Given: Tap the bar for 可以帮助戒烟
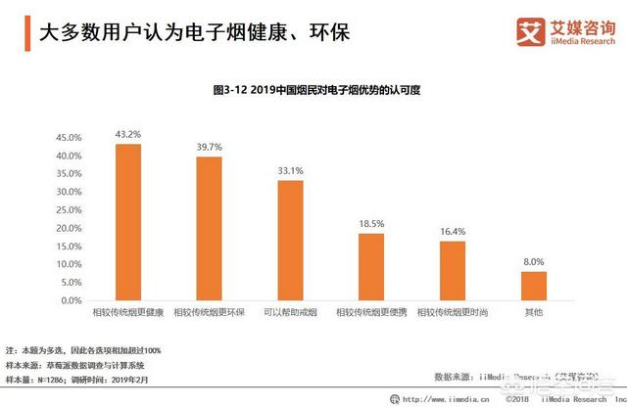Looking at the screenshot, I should point(290,240).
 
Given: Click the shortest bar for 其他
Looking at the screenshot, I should point(533,286).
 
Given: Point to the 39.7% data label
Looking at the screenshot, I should point(209,147).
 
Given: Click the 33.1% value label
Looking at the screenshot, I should point(290,170).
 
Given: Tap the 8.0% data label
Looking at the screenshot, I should point(533,261).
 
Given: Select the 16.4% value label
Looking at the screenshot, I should point(452,231).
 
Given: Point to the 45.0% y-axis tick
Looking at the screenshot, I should point(69,138).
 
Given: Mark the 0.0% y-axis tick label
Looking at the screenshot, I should point(72,300).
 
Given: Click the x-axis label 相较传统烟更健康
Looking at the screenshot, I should point(128,313).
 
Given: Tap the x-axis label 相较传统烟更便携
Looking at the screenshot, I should point(370,313).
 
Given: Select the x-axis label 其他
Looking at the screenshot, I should point(533,313).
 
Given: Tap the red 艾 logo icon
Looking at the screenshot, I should point(530,31).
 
